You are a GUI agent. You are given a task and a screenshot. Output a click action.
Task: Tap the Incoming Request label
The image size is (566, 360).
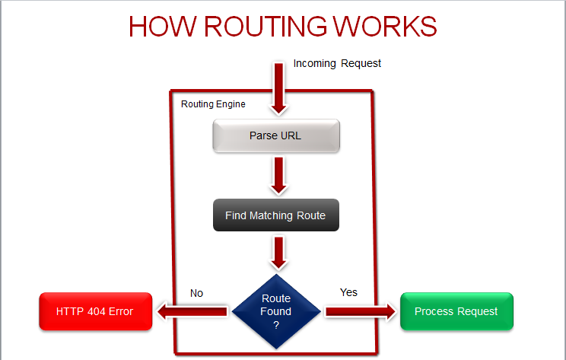coord(337,63)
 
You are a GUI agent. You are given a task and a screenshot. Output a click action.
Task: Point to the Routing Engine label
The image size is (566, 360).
coord(213,104)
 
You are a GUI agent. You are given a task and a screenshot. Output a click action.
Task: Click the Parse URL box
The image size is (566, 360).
coord(275,136)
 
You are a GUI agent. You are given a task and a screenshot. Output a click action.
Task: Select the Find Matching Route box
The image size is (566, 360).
coord(275,215)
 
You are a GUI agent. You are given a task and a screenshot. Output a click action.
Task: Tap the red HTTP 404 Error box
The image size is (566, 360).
coord(94,311)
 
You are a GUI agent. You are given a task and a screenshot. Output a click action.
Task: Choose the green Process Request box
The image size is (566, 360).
coord(456,311)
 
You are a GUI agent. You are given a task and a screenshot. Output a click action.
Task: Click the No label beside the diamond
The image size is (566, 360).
coord(196,293)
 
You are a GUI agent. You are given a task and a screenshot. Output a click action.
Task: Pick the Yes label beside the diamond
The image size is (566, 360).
coord(348,292)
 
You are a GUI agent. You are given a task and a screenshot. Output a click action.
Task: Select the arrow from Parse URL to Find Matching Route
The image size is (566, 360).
coord(278,175)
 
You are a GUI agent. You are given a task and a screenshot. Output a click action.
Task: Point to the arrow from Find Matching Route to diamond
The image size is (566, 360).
coord(278,252)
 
